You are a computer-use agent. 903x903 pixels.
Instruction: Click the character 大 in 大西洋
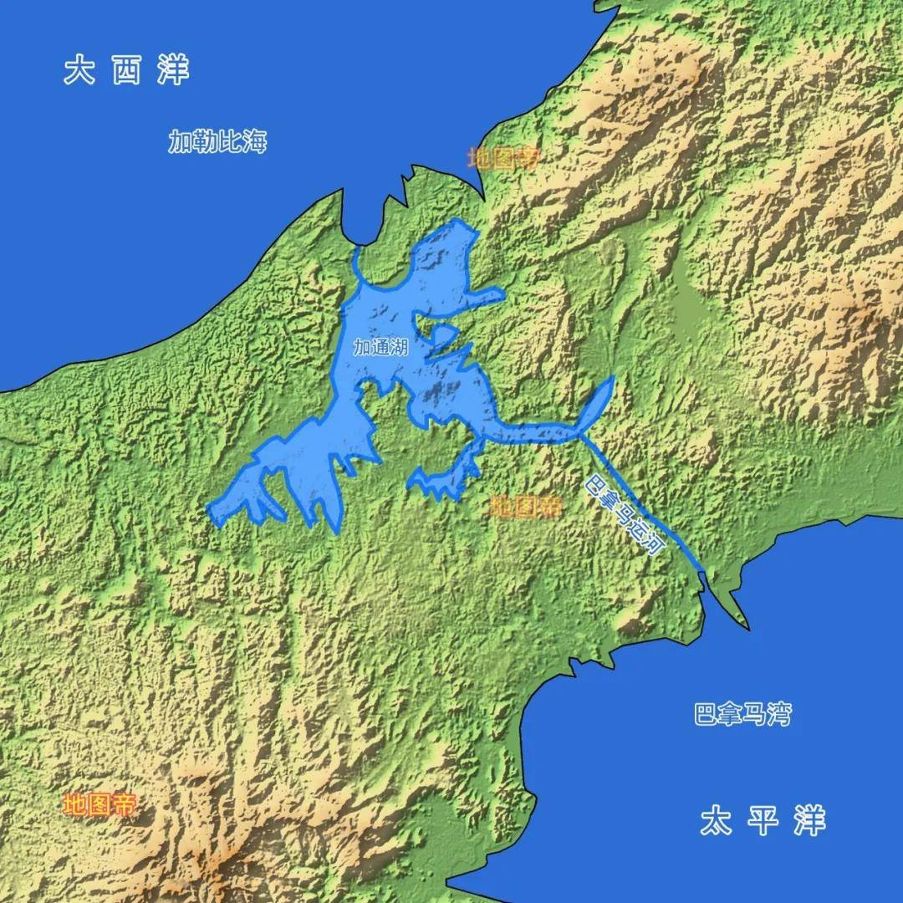(x=80, y=70)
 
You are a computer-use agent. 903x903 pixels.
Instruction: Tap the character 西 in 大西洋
(x=126, y=70)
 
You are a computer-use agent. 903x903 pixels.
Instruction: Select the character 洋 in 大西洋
(x=174, y=70)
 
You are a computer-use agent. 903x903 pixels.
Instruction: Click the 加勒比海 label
(x=217, y=142)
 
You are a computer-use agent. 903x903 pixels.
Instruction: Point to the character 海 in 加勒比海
(x=255, y=142)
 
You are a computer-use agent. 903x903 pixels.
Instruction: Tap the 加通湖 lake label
(x=380, y=348)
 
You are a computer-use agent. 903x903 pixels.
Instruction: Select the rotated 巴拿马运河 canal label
(x=624, y=515)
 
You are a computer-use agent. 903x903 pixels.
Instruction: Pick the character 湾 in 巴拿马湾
(x=779, y=715)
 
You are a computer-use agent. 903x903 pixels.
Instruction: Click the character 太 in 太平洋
(x=716, y=821)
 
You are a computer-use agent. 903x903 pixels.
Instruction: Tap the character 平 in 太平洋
(x=763, y=821)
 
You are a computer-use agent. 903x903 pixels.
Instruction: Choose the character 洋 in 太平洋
(x=809, y=821)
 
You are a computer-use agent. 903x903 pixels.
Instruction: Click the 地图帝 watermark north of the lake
(x=503, y=158)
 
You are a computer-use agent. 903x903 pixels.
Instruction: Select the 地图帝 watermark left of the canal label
(x=525, y=506)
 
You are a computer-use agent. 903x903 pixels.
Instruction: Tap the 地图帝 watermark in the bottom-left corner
(x=99, y=805)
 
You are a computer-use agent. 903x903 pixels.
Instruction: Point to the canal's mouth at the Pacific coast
(x=707, y=577)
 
